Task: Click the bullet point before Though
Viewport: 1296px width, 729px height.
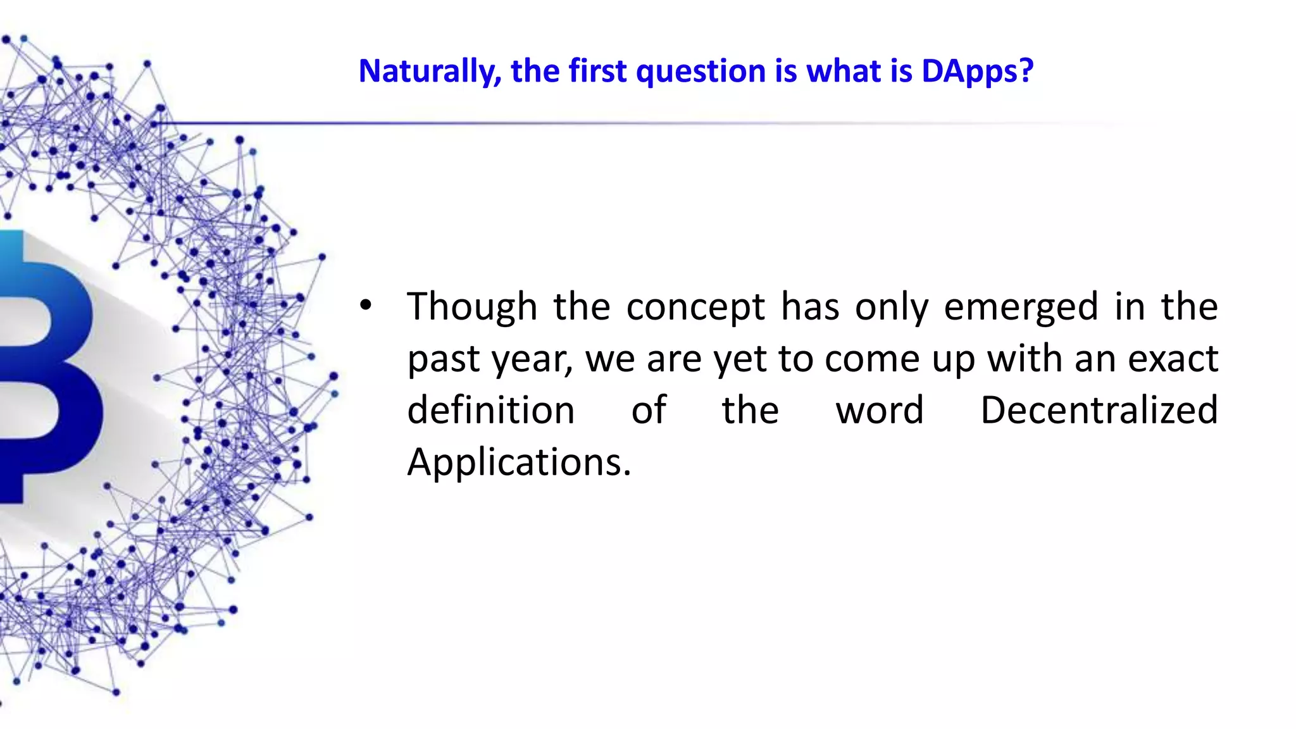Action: (365, 306)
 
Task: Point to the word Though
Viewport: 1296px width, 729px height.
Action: (471, 307)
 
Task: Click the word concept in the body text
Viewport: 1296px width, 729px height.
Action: (695, 308)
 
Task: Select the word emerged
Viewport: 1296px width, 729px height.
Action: (1021, 308)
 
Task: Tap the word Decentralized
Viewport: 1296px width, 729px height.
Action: (1099, 410)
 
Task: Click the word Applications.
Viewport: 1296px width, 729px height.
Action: (518, 462)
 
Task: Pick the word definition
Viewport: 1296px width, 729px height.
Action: (490, 410)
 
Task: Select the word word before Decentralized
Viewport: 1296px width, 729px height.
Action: (880, 410)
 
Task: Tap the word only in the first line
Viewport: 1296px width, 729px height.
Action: (891, 308)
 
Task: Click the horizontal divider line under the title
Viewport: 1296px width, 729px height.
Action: (633, 123)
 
